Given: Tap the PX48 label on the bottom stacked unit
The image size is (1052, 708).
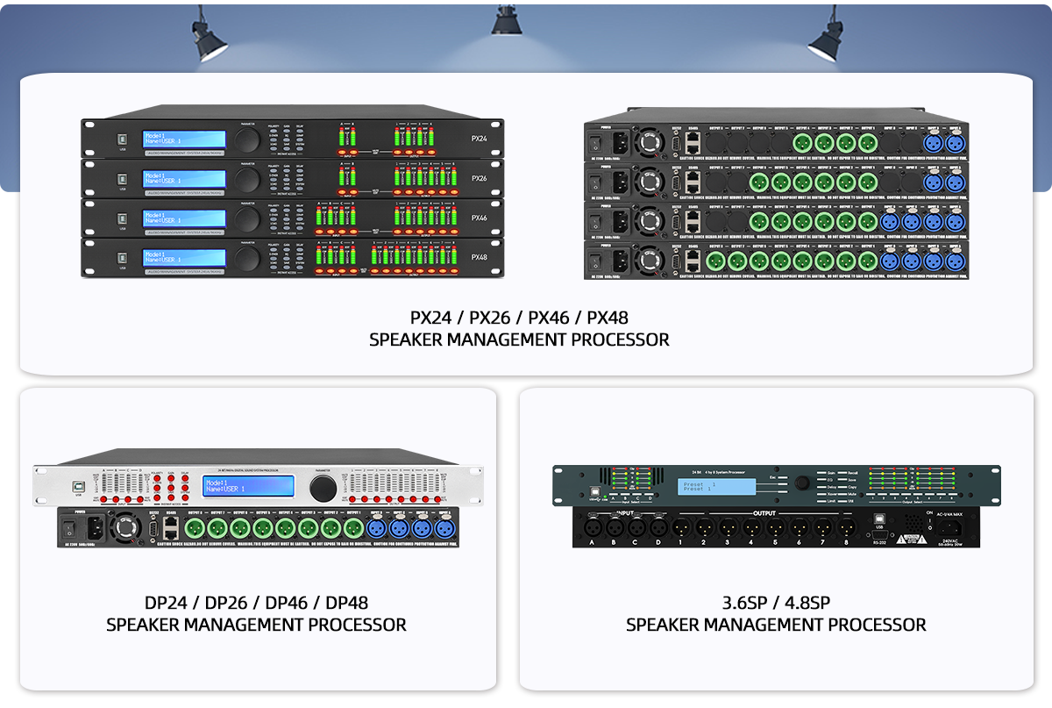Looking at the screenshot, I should [x=479, y=258].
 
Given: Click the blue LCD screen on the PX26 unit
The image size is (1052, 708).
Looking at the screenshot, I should [x=175, y=179].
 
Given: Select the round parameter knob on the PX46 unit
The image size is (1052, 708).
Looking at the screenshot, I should [x=248, y=217].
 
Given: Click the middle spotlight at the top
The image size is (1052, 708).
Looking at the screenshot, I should [x=506, y=22].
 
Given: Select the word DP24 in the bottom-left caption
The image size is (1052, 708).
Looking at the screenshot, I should [x=170, y=604].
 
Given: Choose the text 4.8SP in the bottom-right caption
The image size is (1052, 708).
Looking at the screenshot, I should [x=802, y=604].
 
